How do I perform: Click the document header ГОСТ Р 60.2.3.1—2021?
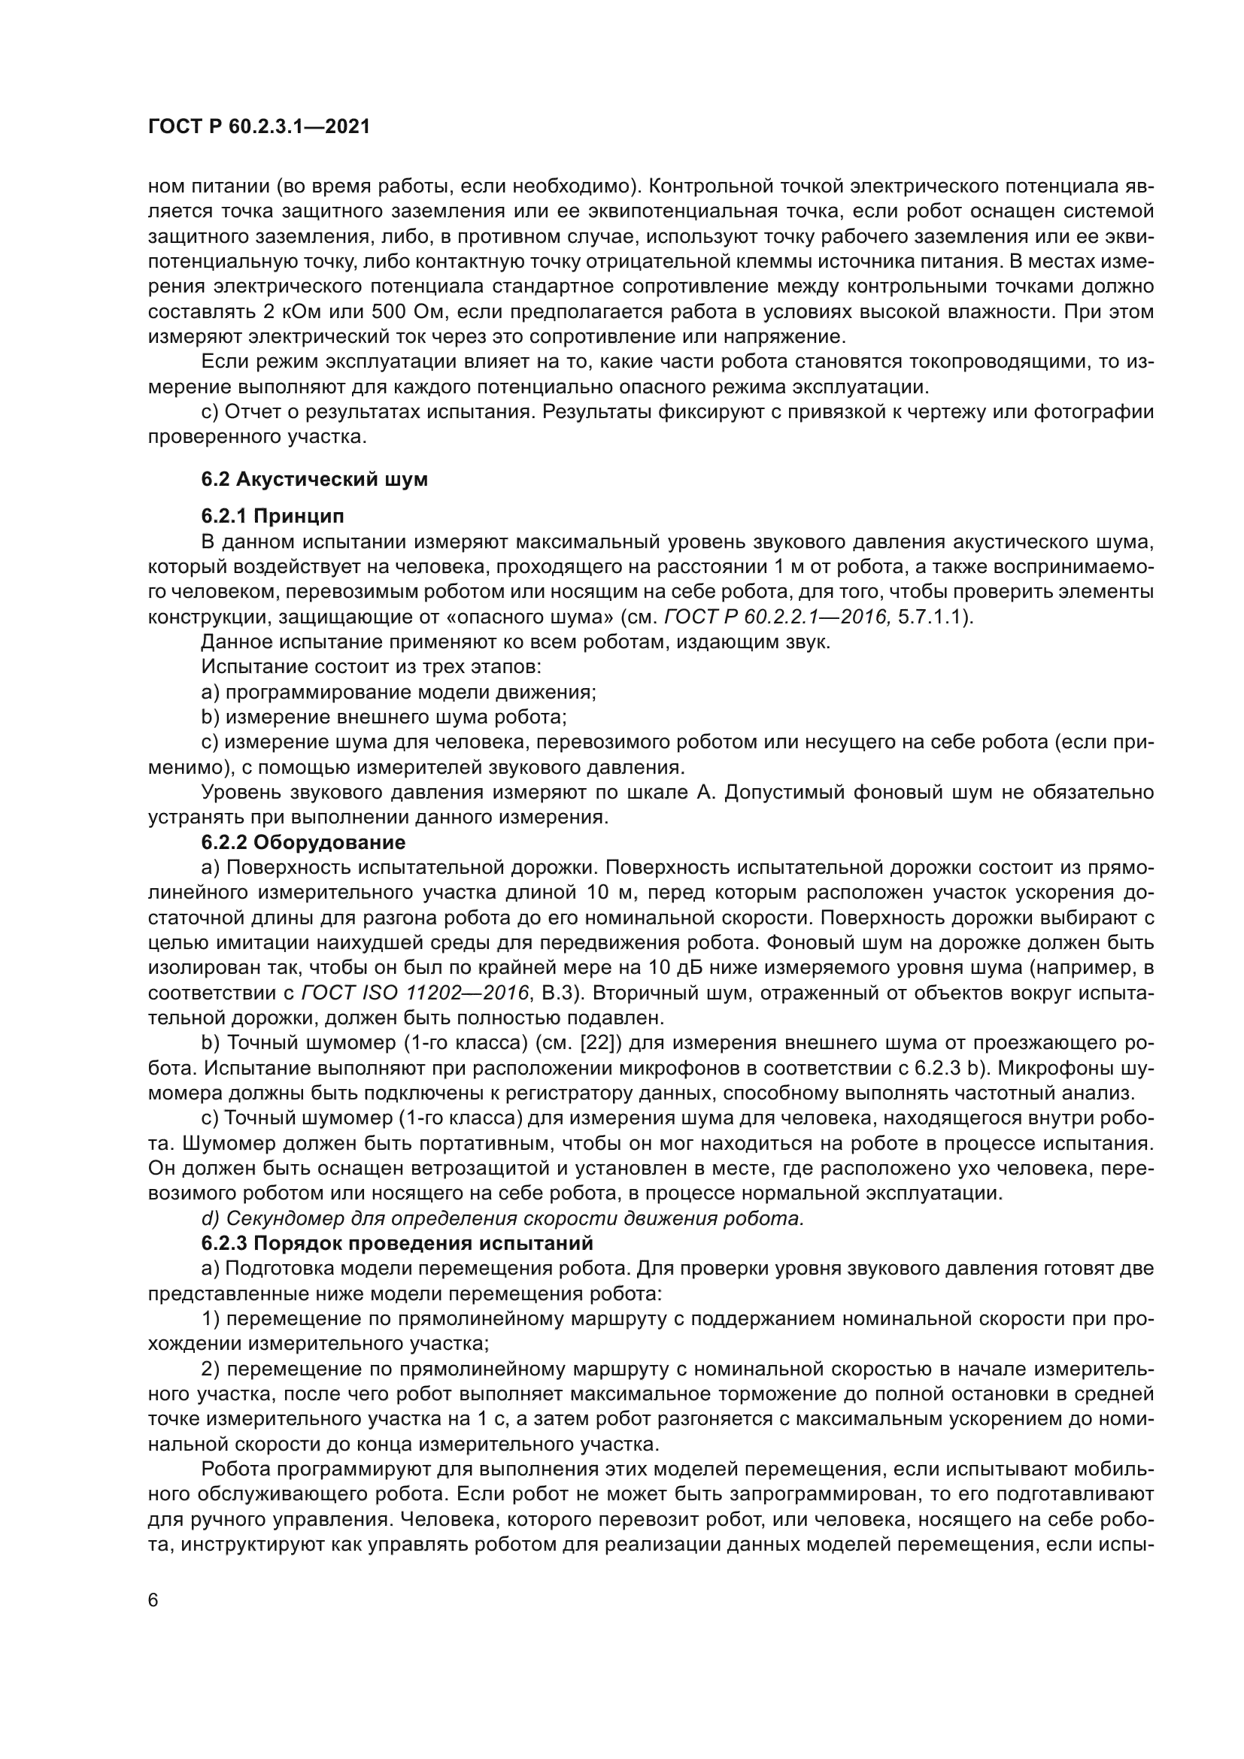point(259,127)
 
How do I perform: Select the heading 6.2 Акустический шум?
point(314,480)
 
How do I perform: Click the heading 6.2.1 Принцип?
point(272,516)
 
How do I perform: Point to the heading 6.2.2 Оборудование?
point(302,843)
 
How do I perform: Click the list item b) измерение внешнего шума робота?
point(383,717)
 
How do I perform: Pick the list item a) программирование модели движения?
point(399,693)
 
